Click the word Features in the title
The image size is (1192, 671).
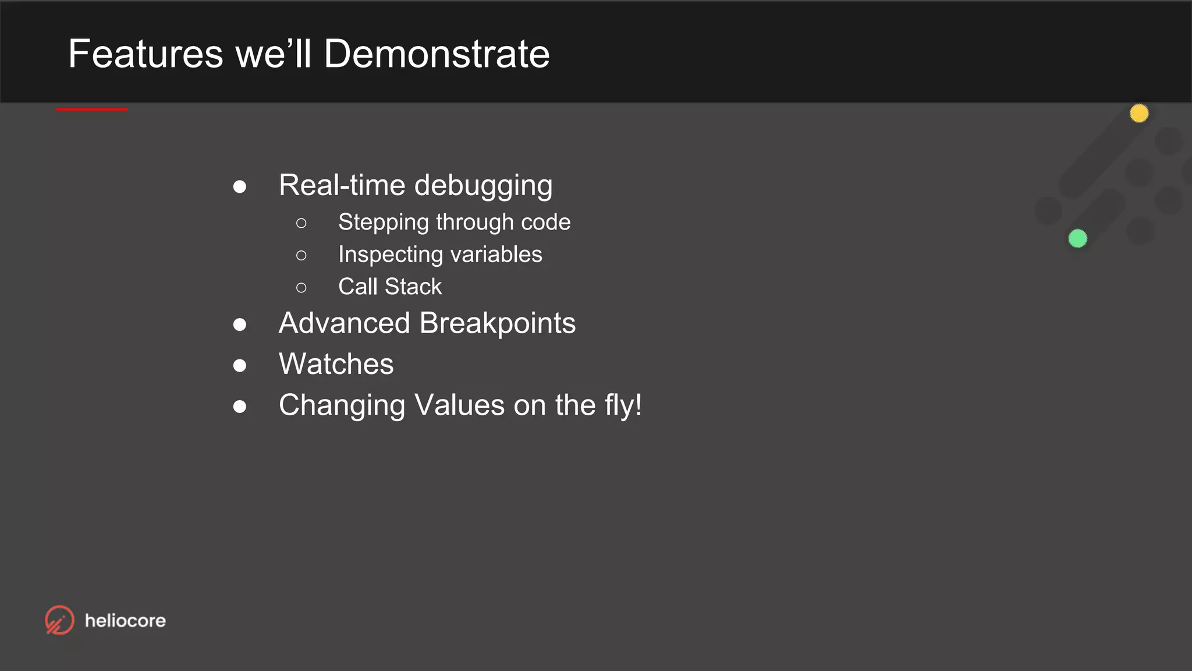[146, 54]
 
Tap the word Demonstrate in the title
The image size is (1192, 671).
[437, 54]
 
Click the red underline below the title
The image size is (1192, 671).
[92, 109]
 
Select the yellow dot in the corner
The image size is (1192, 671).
[1139, 113]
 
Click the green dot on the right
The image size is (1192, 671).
[1077, 238]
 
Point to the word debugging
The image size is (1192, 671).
[483, 186]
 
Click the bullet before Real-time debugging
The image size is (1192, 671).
[239, 187]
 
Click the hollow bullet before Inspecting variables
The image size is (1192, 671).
[301, 255]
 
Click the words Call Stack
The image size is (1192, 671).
[390, 287]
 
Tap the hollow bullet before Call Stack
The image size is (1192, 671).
[301, 287]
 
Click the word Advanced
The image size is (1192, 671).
[345, 323]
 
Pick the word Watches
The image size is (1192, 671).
[336, 364]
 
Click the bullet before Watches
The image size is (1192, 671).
[239, 365]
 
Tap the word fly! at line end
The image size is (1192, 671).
[622, 405]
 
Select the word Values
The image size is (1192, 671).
[459, 405]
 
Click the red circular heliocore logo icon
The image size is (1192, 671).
[59, 620]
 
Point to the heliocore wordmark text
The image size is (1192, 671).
[125, 621]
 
